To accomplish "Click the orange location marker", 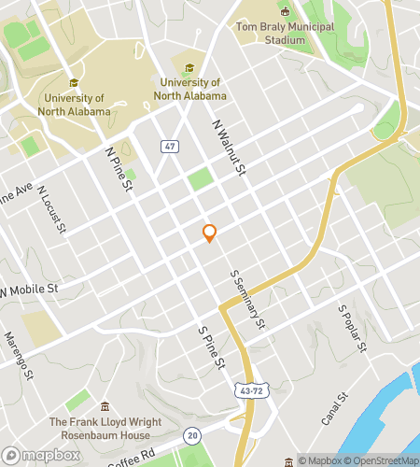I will point(210,233).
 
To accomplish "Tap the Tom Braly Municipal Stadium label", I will point(285,34).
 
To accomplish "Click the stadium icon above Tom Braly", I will point(285,10).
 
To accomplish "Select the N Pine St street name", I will point(119,170).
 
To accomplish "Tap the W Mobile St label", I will point(28,290).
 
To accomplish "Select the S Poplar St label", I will point(352,329).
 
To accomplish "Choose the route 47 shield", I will point(169,147).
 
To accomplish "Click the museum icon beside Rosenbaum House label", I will point(105,407).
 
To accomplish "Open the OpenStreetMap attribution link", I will point(382,460).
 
